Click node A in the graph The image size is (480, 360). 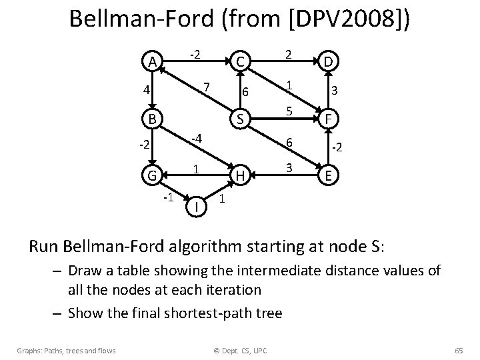[x=152, y=62]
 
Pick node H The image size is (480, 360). [x=240, y=177]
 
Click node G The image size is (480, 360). [x=152, y=177]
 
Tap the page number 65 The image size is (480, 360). [x=457, y=350]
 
